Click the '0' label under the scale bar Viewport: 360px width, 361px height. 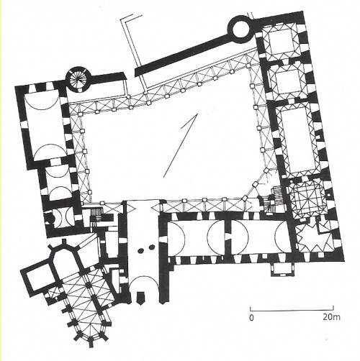(x=251, y=318)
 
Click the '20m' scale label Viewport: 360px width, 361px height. (x=331, y=317)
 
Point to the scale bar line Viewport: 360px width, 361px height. (x=292, y=309)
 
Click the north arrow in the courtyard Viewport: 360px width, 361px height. (x=181, y=145)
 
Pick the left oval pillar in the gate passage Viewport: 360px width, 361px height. (x=141, y=250)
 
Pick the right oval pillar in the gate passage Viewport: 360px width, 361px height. (x=152, y=247)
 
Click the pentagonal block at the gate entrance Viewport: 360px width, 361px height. (x=140, y=298)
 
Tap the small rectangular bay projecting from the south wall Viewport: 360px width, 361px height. (x=282, y=269)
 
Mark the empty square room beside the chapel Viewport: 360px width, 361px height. (x=37, y=280)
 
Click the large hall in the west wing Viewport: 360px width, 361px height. (x=45, y=125)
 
